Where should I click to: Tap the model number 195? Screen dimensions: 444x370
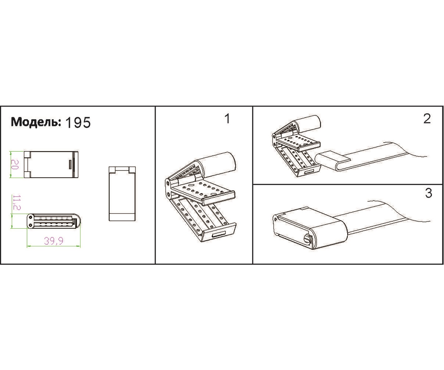click(78, 122)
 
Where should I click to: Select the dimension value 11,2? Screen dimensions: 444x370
click(17, 202)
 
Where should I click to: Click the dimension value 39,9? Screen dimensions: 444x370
click(54, 241)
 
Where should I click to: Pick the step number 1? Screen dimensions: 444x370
click(227, 119)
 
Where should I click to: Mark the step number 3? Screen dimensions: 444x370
click(428, 193)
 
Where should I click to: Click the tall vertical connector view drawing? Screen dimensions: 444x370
click(122, 194)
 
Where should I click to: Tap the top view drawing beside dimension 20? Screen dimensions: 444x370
click(51, 164)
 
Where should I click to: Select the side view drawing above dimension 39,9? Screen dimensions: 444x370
click(54, 221)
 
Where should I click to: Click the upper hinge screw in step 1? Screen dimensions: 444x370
click(168, 183)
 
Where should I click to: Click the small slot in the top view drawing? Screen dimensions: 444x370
click(71, 164)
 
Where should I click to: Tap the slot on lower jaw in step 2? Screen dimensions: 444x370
click(310, 171)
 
